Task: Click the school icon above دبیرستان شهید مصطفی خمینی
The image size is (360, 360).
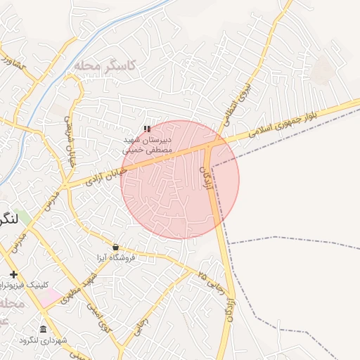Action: (146, 129)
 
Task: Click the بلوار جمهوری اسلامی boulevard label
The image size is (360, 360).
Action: (295, 117)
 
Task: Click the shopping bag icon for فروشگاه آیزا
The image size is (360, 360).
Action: (115, 247)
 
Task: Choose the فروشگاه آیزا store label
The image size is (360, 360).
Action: (116, 257)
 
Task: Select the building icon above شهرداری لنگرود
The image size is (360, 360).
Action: (44, 330)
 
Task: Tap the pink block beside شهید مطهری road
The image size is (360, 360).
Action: (49, 298)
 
